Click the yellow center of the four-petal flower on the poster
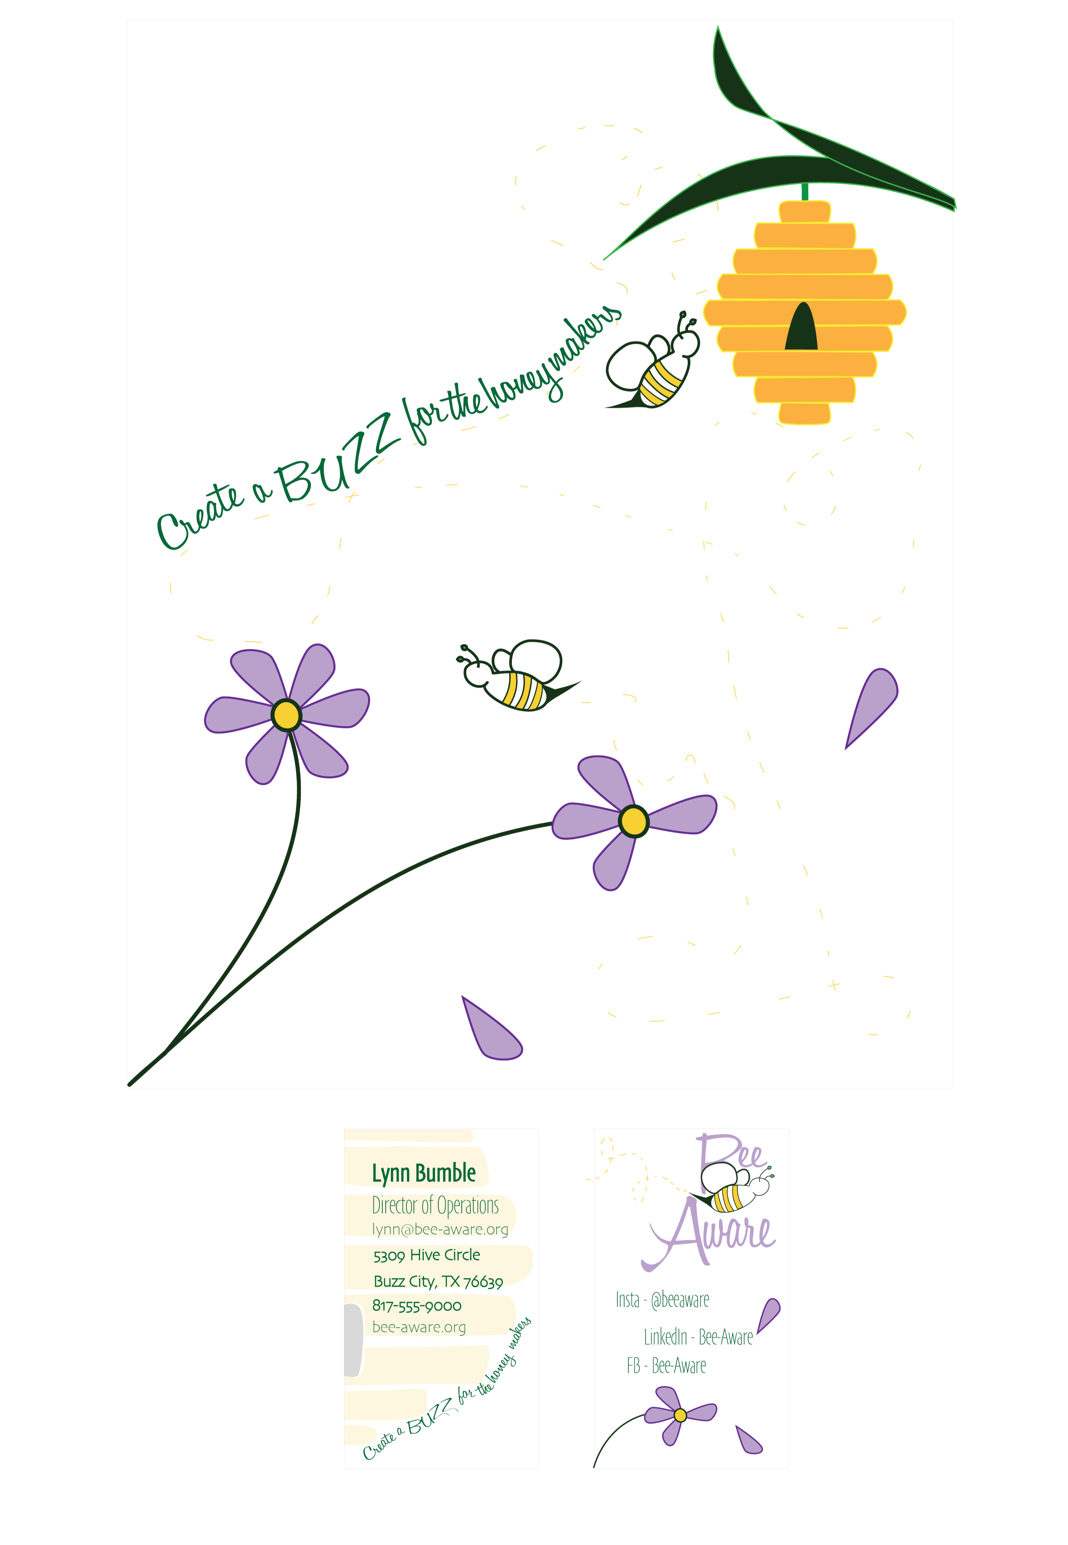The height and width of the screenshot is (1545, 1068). click(x=633, y=821)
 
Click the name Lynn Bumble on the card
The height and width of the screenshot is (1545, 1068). click(x=424, y=1173)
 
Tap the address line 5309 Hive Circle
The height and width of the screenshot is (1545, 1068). click(x=427, y=1255)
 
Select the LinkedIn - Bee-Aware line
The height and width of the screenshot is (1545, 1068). click(x=698, y=1337)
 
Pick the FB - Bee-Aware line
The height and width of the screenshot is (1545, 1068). click(x=666, y=1365)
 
